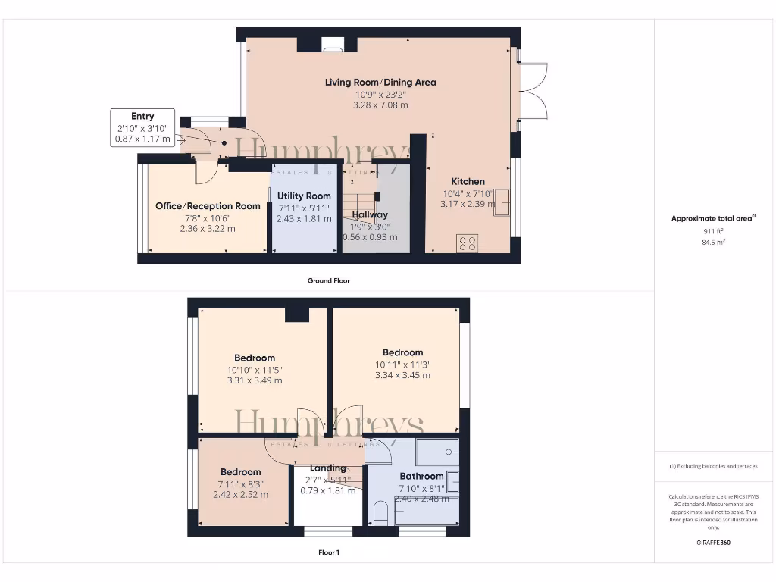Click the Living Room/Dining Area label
(380, 83)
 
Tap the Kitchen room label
(468, 182)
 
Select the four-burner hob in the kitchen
(468, 243)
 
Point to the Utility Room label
(303, 196)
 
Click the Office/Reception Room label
(208, 206)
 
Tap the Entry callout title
(142, 116)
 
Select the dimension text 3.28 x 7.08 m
(380, 105)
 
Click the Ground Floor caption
(328, 280)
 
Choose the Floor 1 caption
(328, 552)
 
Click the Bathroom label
(421, 477)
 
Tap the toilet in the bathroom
(380, 513)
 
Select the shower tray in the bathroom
(437, 452)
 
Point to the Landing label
(328, 468)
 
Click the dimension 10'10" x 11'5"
(255, 370)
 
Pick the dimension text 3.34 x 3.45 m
(402, 375)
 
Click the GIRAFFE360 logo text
(713, 543)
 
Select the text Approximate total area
(712, 218)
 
